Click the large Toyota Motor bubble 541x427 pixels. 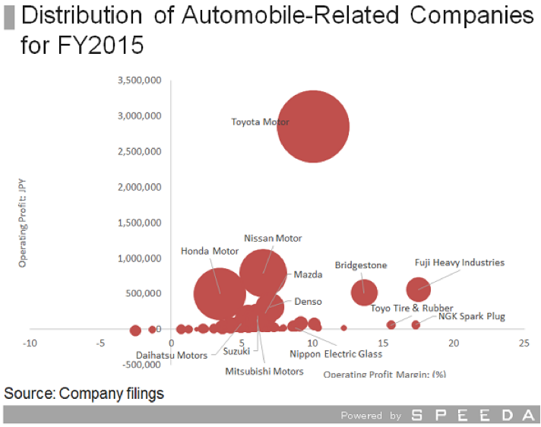312,127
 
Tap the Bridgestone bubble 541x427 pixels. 365,292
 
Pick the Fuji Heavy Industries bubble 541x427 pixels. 419,289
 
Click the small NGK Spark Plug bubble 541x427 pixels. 416,325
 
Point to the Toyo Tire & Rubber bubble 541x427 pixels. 391,325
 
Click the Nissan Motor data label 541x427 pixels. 273,238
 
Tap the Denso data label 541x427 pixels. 308,301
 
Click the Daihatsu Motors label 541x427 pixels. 172,355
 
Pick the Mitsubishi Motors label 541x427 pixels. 264,372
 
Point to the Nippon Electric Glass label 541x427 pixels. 337,354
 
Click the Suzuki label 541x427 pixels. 236,350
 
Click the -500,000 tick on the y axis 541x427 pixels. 141,364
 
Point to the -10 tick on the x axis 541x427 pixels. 30,343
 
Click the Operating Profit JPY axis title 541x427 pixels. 24,222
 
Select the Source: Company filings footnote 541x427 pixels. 84,394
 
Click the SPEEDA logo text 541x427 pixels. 472,416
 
